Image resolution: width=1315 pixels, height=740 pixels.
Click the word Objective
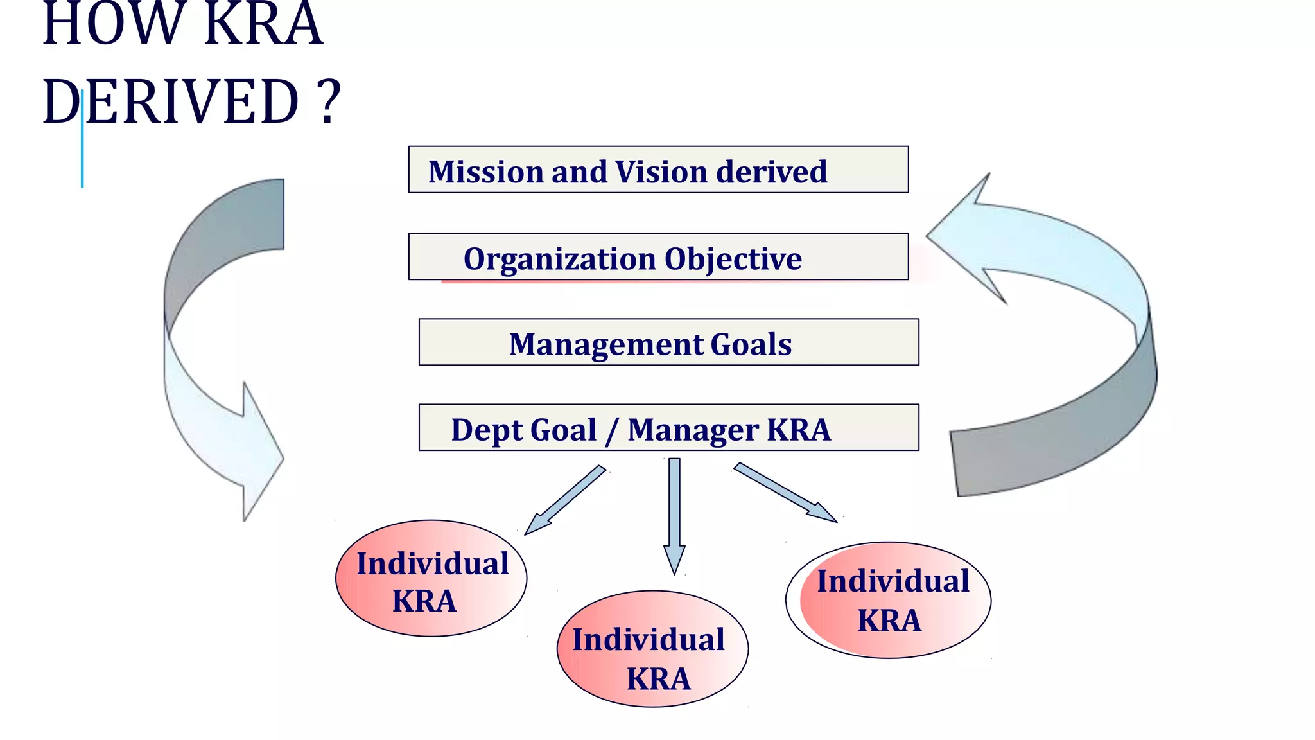pyautogui.click(x=733, y=259)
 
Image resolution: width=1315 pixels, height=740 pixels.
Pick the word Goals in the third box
pyautogui.click(x=751, y=344)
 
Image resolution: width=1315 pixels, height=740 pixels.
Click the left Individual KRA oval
pyautogui.click(x=431, y=579)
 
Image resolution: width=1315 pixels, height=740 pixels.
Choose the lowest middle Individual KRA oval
pyautogui.click(x=652, y=649)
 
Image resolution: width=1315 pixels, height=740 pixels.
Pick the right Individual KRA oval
pyautogui.click(x=889, y=601)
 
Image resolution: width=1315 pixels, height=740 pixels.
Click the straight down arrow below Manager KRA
pyautogui.click(x=674, y=514)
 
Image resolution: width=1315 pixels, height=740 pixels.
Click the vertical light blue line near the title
pyautogui.click(x=82, y=141)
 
